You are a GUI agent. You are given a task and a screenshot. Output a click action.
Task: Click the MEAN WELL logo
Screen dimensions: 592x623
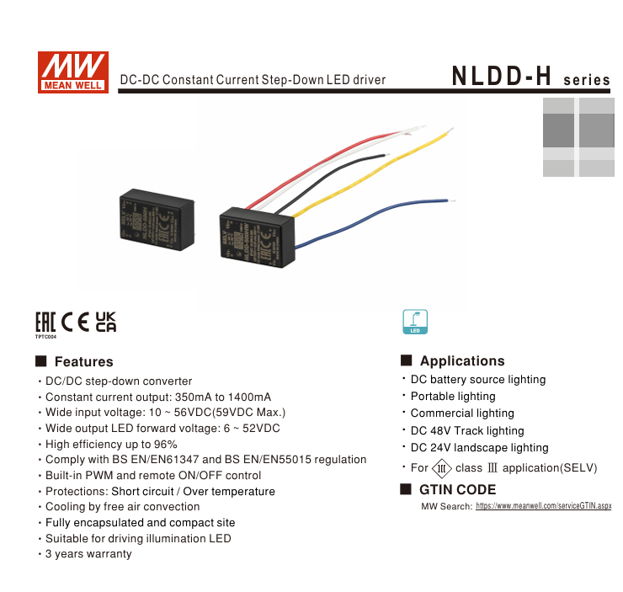[x=72, y=71]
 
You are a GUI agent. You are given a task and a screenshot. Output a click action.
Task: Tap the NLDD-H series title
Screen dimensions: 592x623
[x=530, y=77]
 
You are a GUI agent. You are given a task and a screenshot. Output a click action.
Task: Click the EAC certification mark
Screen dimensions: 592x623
[x=45, y=322]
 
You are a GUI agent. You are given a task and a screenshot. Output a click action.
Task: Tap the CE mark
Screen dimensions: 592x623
[x=75, y=322]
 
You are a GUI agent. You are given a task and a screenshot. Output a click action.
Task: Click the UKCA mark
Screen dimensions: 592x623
[x=105, y=322]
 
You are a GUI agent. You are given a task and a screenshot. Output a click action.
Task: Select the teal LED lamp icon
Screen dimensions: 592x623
[x=416, y=321]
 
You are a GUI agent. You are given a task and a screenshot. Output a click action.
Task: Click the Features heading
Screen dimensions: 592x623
[x=83, y=362]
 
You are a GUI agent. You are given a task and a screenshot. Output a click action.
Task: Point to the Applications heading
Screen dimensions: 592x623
[x=462, y=361]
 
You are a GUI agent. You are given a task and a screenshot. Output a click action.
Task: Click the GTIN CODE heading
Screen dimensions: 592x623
[x=457, y=490]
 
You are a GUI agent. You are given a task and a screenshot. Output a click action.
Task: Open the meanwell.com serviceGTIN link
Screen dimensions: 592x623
[x=544, y=506]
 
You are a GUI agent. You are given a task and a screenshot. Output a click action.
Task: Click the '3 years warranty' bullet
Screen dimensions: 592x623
[x=88, y=554]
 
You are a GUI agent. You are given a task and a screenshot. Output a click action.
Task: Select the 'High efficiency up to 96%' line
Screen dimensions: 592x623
[x=111, y=444]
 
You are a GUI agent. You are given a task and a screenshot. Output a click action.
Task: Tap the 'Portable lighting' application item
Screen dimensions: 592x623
[x=453, y=397]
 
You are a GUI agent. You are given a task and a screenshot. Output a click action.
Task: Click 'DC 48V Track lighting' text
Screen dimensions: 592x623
[x=467, y=431]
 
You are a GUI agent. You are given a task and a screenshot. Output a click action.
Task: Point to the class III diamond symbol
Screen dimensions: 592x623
[x=442, y=468]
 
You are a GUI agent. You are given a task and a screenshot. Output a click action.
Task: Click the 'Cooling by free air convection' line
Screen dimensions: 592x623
[x=122, y=507]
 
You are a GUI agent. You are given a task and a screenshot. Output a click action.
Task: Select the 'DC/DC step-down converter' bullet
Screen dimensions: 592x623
[x=119, y=381]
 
